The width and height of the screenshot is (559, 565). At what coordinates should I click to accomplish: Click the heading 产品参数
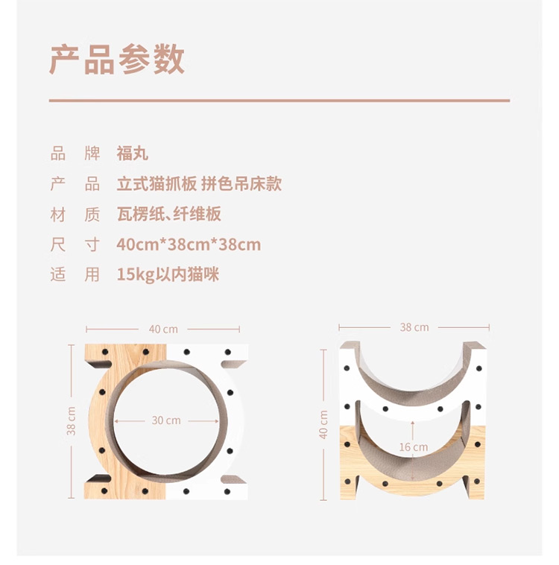click(x=117, y=60)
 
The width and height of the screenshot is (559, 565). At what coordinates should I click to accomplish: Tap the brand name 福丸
click(x=132, y=154)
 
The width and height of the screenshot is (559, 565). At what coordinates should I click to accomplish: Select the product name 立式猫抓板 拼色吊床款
click(x=199, y=184)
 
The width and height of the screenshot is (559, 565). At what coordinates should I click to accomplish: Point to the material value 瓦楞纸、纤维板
click(x=168, y=214)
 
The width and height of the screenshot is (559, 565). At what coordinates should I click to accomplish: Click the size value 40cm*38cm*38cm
click(x=189, y=244)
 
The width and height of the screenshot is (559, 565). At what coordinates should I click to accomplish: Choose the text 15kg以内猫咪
click(x=168, y=274)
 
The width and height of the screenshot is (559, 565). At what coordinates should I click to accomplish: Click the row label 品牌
click(x=75, y=154)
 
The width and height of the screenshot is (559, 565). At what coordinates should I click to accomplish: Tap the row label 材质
click(x=75, y=215)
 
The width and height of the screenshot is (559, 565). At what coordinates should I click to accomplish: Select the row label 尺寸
click(x=75, y=244)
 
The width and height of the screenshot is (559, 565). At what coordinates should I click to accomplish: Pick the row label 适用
click(x=75, y=274)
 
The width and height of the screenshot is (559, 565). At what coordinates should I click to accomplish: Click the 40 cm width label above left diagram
click(x=163, y=329)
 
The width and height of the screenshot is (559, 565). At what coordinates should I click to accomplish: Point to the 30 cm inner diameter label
click(x=166, y=420)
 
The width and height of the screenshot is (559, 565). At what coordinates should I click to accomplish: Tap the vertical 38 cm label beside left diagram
click(x=72, y=421)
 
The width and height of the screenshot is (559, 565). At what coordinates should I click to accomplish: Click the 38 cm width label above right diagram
click(x=414, y=327)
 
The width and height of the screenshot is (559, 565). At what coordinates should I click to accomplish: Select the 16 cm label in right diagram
click(x=414, y=447)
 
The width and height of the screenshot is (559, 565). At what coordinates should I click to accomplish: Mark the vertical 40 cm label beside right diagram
click(x=323, y=424)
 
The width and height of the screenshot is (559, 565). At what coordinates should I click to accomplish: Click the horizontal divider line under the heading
click(x=279, y=101)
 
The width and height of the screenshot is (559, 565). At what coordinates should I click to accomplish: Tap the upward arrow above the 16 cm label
click(x=413, y=430)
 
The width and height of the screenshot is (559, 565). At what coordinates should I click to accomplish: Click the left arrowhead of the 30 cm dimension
click(x=116, y=421)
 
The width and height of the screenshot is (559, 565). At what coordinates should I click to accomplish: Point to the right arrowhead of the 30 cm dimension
click(x=216, y=421)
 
